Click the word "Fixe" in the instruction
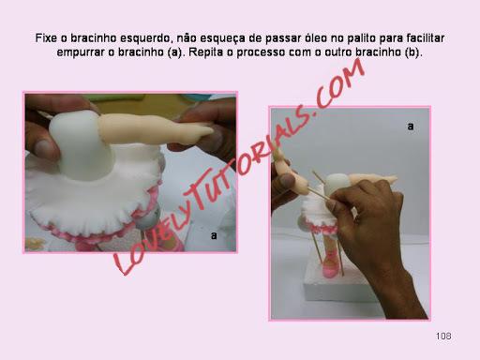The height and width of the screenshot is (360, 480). click(47, 38)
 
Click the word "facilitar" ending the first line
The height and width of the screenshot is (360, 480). click(426, 38)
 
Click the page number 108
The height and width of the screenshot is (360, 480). click(443, 336)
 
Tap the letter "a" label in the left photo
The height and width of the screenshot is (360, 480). click(214, 235)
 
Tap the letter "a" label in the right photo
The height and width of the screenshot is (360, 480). click(411, 127)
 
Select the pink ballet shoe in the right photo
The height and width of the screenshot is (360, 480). click(330, 265)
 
